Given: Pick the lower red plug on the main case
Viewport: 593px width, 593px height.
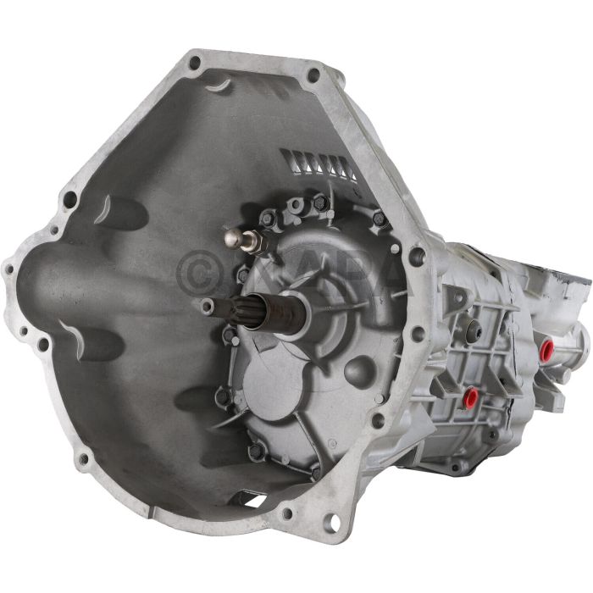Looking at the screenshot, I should point(468,396).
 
